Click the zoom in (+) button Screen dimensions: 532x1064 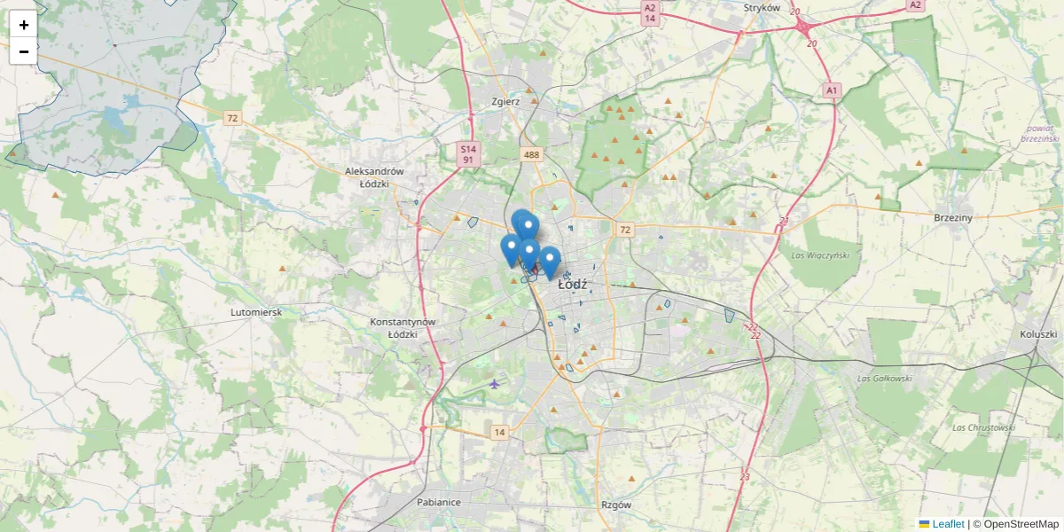pyautogui.click(x=24, y=25)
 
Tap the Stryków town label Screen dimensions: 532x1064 pyautogui.click(x=762, y=8)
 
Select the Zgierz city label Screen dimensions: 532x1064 pyautogui.click(x=505, y=101)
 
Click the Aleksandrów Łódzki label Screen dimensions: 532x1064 pyautogui.click(x=374, y=177)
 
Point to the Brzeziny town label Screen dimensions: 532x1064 pyautogui.click(x=953, y=217)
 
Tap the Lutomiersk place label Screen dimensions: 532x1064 pyautogui.click(x=255, y=312)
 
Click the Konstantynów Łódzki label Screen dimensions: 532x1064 pyautogui.click(x=403, y=328)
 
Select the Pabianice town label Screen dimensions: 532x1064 pyautogui.click(x=439, y=502)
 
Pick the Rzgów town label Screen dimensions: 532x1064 pyautogui.click(x=615, y=505)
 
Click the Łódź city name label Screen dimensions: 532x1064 pyautogui.click(x=574, y=286)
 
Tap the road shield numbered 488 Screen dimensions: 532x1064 pyautogui.click(x=531, y=154)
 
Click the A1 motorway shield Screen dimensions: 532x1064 pyautogui.click(x=831, y=90)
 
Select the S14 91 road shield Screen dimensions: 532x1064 pyautogui.click(x=469, y=154)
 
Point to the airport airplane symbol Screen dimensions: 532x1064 pyautogui.click(x=494, y=383)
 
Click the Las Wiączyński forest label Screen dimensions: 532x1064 pyautogui.click(x=819, y=255)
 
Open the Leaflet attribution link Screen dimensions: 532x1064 pyautogui.click(x=947, y=524)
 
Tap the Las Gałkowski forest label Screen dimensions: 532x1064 pyautogui.click(x=885, y=379)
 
